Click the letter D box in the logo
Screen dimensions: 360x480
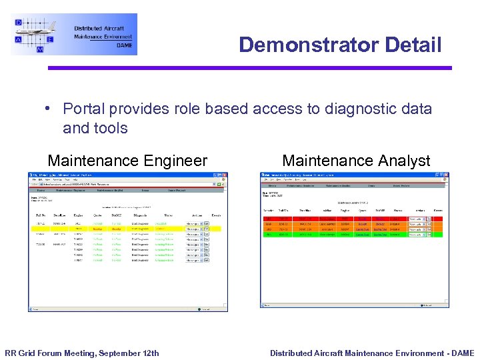pos(19,23)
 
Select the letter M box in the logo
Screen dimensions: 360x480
pos(41,49)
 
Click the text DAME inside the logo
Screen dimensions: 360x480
pos(124,45)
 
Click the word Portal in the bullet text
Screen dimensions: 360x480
pos(83,109)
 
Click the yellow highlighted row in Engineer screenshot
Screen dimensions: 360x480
pos(127,228)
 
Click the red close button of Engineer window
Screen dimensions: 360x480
pos(225,175)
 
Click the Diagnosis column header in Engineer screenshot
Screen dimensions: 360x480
pos(140,215)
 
